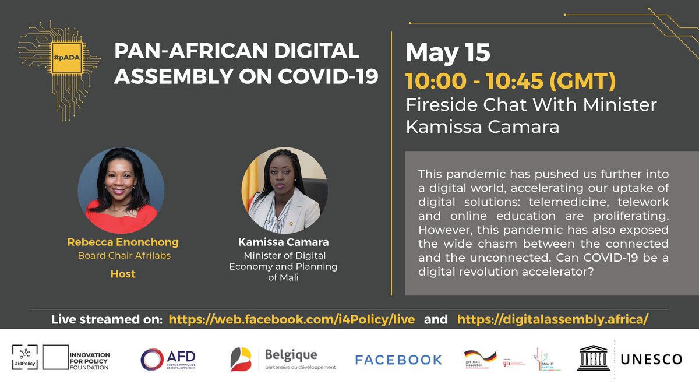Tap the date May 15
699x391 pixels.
click(x=447, y=53)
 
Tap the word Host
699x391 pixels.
click(x=123, y=273)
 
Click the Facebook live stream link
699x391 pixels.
click(x=291, y=319)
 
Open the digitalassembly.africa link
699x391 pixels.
click(x=553, y=319)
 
